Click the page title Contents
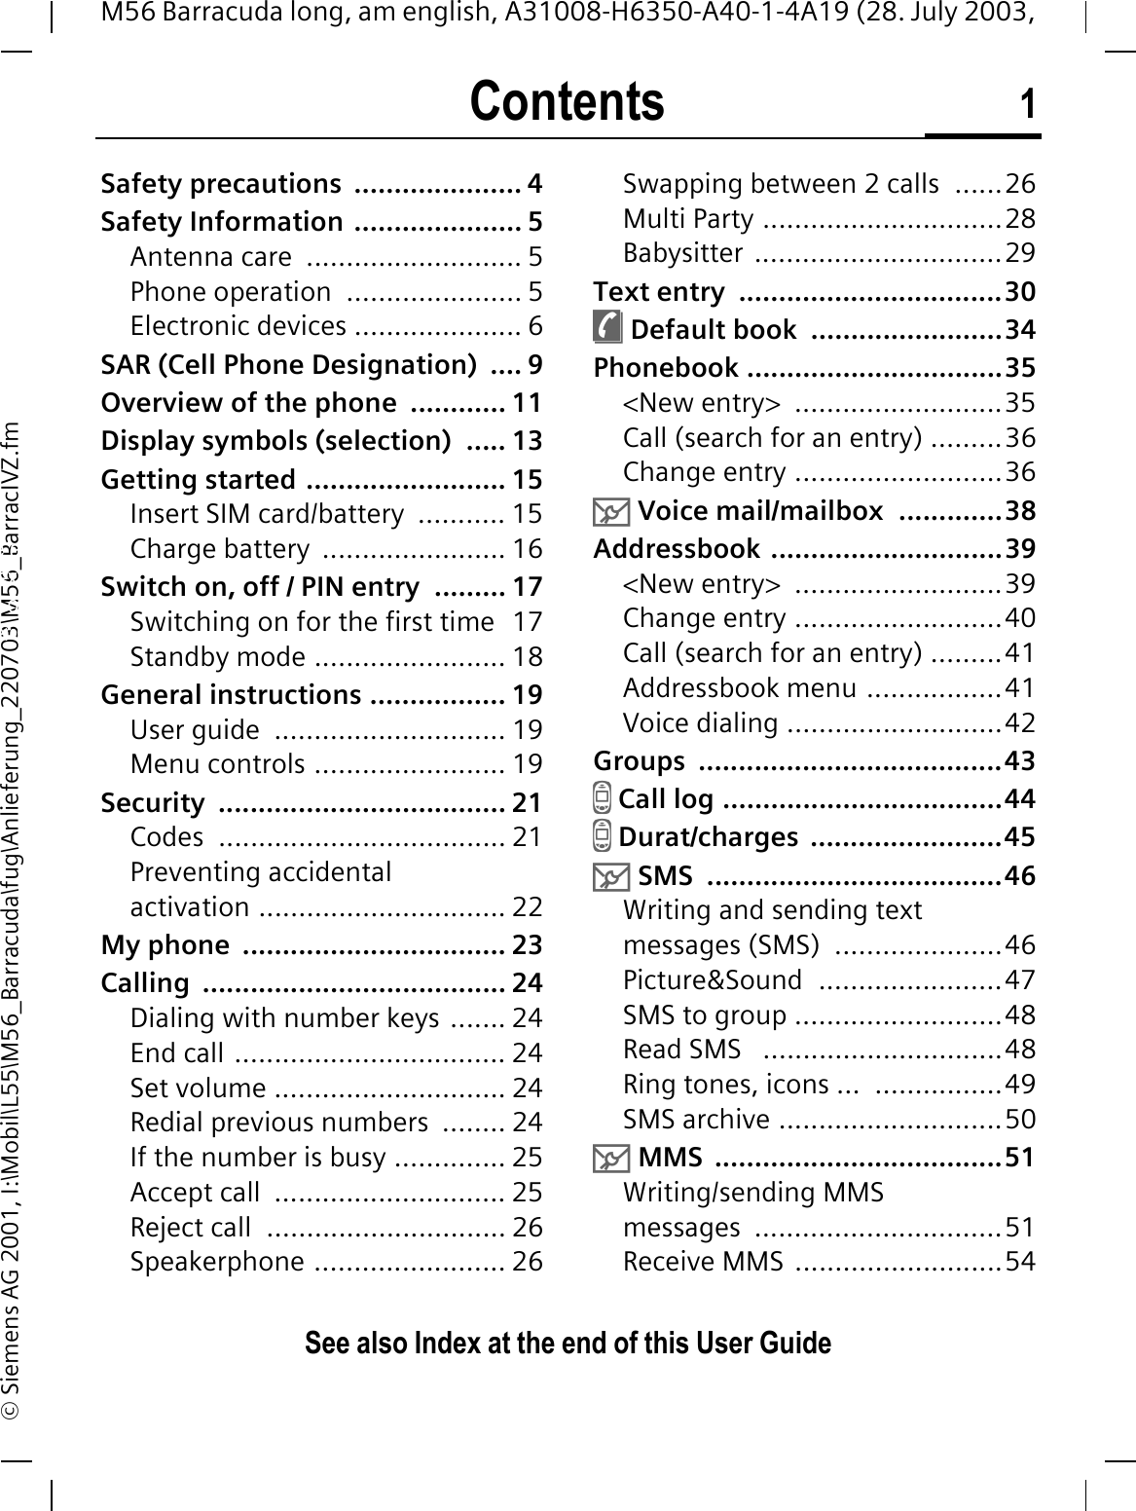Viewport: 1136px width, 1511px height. click(567, 102)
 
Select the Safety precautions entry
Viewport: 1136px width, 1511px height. click(221, 184)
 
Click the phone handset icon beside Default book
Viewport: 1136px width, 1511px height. click(607, 329)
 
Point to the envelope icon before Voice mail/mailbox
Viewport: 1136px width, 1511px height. click(611, 510)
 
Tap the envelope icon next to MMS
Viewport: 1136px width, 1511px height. click(611, 1158)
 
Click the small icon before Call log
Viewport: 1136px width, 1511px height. click(604, 799)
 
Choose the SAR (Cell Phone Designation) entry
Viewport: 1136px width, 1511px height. click(289, 365)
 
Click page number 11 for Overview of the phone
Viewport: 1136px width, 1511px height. click(527, 403)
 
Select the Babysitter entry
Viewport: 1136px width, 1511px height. click(682, 253)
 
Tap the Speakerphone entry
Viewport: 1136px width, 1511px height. click(217, 1262)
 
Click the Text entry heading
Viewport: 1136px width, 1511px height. click(659, 292)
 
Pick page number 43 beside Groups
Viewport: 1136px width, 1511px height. click(1020, 761)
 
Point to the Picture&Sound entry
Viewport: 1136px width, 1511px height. click(713, 980)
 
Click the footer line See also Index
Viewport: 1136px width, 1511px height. click(568, 1344)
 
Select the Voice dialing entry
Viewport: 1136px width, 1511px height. click(700, 723)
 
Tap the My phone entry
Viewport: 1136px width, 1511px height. click(165, 945)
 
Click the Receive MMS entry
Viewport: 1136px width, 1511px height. click(703, 1262)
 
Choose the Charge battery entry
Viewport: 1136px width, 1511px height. click(220, 549)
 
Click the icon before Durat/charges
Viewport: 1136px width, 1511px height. click(604, 837)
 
